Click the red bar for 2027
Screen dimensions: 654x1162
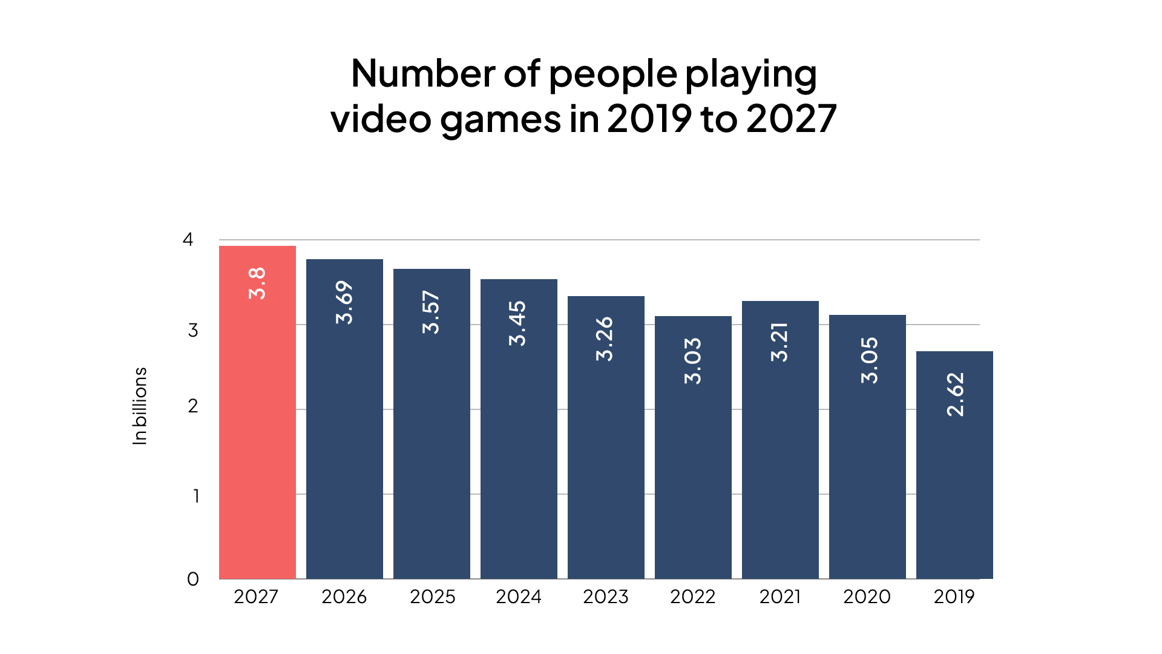[x=257, y=412]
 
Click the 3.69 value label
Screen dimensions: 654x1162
[x=344, y=302]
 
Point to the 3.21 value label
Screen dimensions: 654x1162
[x=780, y=343]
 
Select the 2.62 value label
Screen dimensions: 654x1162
[x=955, y=394]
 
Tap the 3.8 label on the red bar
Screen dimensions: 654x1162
[x=257, y=283]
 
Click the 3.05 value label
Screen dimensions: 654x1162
[x=869, y=360]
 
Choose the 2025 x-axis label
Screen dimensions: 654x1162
[x=432, y=597]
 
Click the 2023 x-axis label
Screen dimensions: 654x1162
[x=605, y=597]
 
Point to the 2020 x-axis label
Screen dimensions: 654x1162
[x=867, y=597]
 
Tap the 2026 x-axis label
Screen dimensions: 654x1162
[x=344, y=597]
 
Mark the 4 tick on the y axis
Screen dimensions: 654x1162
[x=188, y=240]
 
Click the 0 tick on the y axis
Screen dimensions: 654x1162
[x=192, y=580]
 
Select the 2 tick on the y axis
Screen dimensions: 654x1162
[x=192, y=406]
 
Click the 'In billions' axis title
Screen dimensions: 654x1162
[x=140, y=406]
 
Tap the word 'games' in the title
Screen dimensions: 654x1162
[x=501, y=119]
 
